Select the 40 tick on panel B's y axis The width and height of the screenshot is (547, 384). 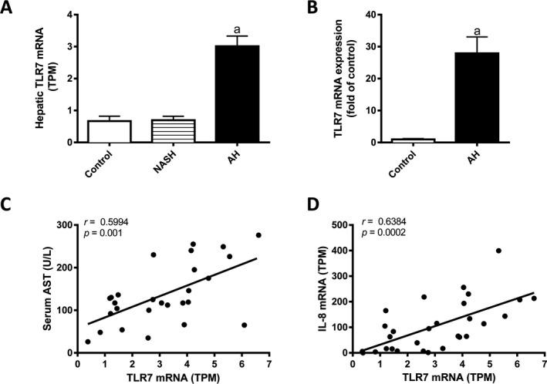click(x=349, y=15)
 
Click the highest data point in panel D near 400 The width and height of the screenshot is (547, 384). click(x=498, y=251)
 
